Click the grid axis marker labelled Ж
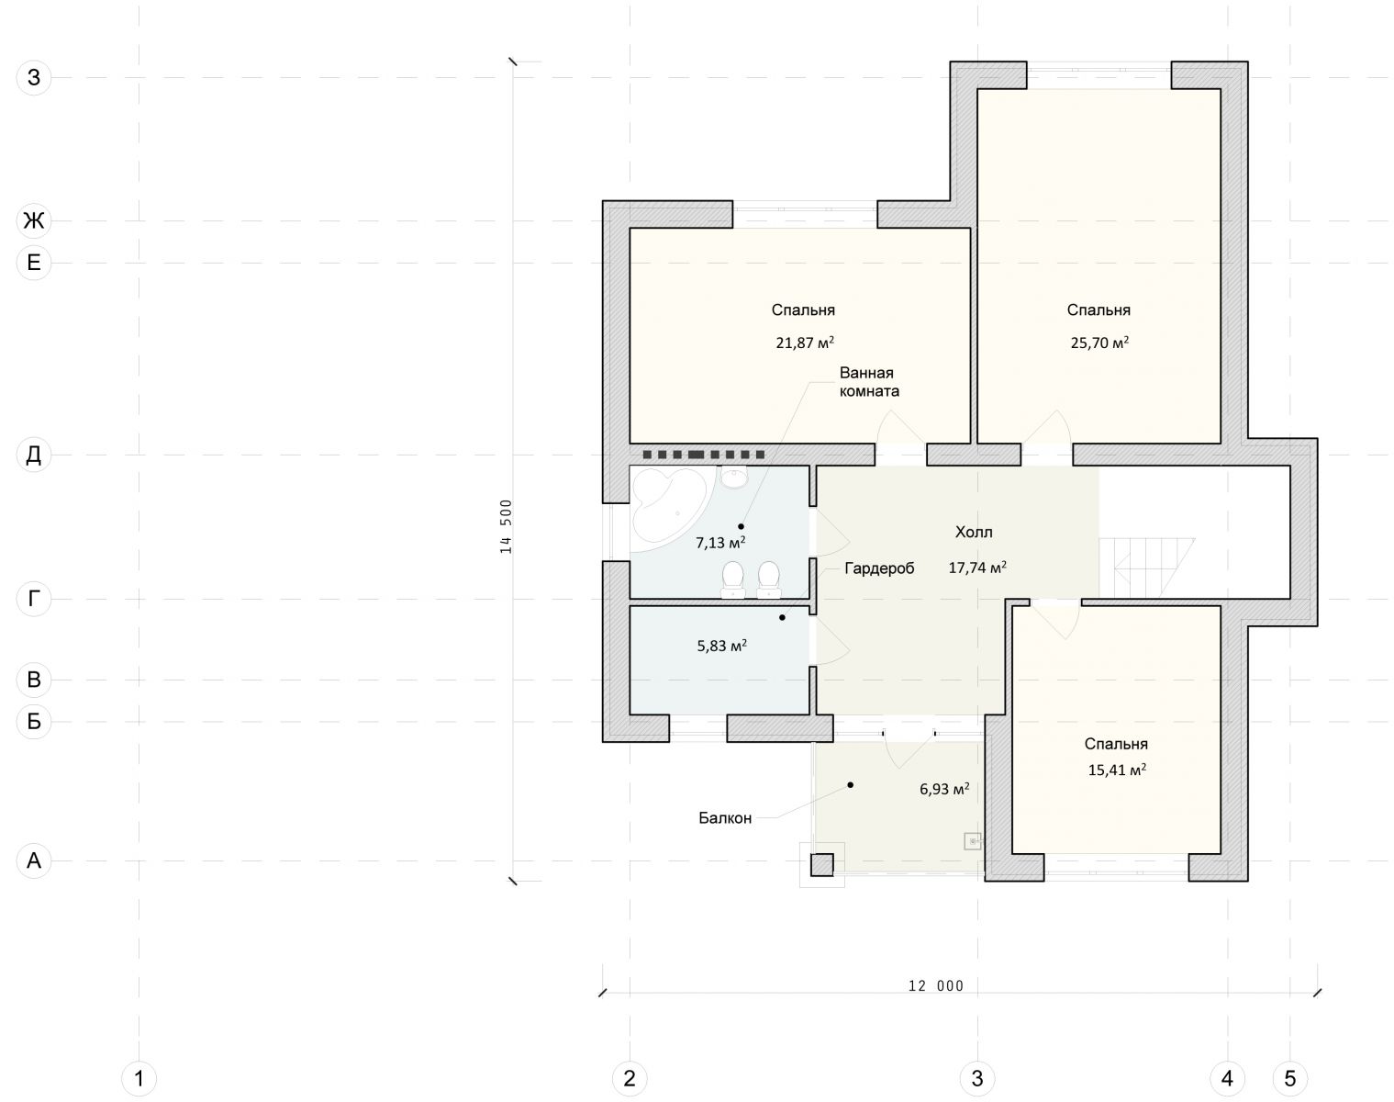[x=34, y=220]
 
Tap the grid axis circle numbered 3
[x=976, y=1079]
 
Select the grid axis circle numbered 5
[x=1289, y=1079]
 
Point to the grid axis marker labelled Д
[x=34, y=455]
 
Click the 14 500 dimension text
[x=506, y=525]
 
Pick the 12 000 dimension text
[x=936, y=986]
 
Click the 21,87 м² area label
[x=805, y=343]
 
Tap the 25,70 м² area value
[x=1099, y=343]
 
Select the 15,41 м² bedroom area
[x=1117, y=770]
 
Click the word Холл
[x=974, y=533]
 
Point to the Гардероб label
[x=879, y=568]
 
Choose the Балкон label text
[x=725, y=818]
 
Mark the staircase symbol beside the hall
[x=1147, y=568]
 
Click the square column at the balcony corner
[x=822, y=865]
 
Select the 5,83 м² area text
[x=721, y=646]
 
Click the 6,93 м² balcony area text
[x=944, y=789]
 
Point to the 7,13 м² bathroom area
[x=720, y=542]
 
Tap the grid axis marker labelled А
[x=34, y=860]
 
